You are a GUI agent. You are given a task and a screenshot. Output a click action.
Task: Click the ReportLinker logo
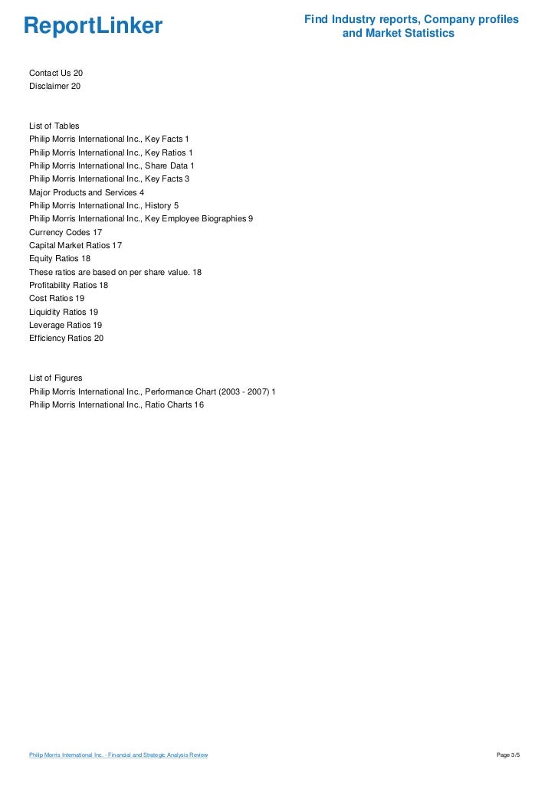93,27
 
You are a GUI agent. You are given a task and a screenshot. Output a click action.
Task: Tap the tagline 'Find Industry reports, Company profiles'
411,19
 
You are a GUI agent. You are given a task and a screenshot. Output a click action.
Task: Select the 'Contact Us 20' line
56,73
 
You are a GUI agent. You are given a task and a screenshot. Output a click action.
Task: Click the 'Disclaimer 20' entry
54,86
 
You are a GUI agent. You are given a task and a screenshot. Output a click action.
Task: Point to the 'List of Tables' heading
54,126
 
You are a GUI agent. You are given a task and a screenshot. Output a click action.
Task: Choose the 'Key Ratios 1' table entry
111,152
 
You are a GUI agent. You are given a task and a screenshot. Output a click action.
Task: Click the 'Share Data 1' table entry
112,165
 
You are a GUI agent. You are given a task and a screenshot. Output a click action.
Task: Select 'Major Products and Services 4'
87,192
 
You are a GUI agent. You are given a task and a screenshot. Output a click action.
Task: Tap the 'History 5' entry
103,205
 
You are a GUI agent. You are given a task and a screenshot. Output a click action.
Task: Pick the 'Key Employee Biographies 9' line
141,218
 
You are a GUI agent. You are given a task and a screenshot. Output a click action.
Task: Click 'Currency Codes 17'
66,232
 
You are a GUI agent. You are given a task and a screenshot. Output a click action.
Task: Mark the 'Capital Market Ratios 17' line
75,245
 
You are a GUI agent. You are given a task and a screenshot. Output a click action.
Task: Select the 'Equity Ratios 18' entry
60,258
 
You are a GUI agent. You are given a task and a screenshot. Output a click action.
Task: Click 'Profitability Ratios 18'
68,285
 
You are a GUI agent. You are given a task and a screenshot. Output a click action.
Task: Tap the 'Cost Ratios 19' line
57,298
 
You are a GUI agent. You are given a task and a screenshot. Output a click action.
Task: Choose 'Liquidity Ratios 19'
64,312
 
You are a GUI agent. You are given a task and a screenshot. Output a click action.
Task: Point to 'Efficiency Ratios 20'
66,338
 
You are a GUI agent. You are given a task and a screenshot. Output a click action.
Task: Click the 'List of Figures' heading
55,378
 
